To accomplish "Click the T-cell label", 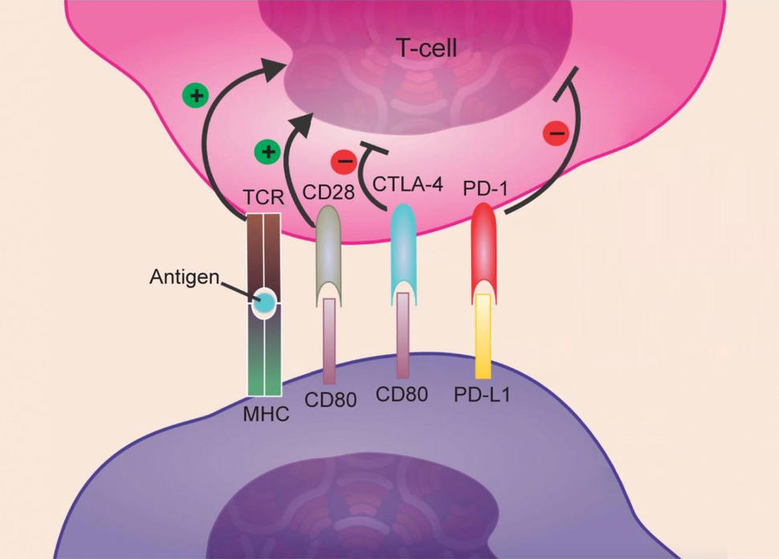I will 426,49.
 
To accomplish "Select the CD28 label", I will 328,193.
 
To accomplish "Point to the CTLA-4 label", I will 408,182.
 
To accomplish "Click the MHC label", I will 266,414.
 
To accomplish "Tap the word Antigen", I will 185,277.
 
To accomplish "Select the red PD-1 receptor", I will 483,241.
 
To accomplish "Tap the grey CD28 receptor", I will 328,245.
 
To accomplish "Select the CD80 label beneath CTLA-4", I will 402,395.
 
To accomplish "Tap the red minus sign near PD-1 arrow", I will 557,132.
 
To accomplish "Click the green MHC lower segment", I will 264,369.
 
